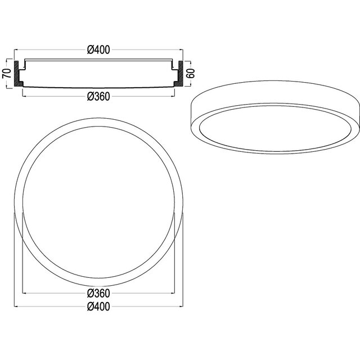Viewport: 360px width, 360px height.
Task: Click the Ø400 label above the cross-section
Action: click(x=98, y=49)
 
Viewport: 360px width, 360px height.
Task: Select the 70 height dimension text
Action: click(x=7, y=73)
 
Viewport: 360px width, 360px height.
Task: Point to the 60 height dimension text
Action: click(x=190, y=73)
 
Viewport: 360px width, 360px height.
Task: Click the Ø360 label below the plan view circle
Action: click(x=98, y=294)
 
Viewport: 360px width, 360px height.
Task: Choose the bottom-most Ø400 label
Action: click(x=98, y=307)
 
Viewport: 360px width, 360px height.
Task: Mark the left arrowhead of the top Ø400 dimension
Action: click(x=16, y=49)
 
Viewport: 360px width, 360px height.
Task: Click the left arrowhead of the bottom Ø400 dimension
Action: click(x=16, y=307)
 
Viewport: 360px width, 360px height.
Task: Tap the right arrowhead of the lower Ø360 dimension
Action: click(x=173, y=294)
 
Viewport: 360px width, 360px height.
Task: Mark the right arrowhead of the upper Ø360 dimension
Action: click(x=173, y=96)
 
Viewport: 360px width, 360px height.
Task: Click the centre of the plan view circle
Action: click(x=99, y=199)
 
